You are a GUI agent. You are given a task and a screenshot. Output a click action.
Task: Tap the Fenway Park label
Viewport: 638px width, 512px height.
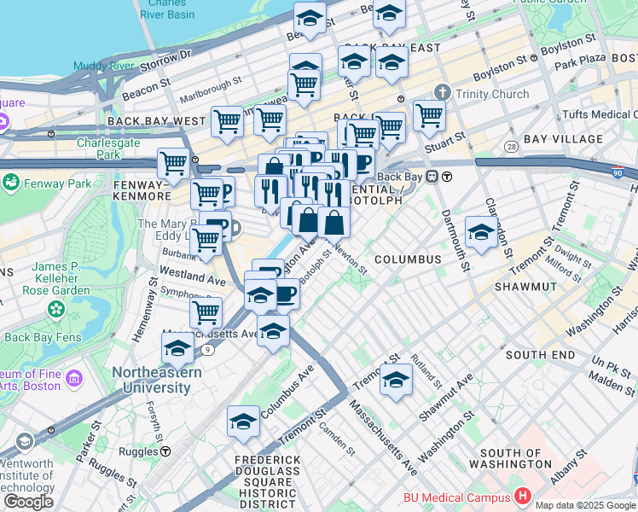coord(56,183)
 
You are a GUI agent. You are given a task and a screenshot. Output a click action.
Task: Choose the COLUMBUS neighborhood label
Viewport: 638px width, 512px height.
coord(407,259)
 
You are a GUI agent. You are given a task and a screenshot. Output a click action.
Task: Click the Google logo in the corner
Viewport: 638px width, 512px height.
coord(28,502)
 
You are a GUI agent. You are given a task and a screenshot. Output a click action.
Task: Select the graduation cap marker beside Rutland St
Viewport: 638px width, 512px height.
coord(396,381)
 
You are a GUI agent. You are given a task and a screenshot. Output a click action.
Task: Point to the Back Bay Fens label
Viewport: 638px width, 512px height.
coord(42,337)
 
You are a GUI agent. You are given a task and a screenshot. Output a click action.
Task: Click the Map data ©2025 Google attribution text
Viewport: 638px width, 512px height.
coord(585,505)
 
